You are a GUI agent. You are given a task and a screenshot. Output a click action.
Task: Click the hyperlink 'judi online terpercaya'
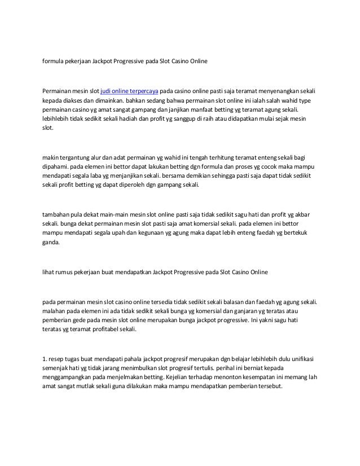click(x=129, y=91)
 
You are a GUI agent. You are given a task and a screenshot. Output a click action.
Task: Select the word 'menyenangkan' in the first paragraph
click(x=270, y=91)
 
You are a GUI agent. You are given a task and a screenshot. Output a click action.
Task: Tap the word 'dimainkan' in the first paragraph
click(x=104, y=101)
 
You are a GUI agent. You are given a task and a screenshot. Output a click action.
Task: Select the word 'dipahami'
click(x=56, y=169)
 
